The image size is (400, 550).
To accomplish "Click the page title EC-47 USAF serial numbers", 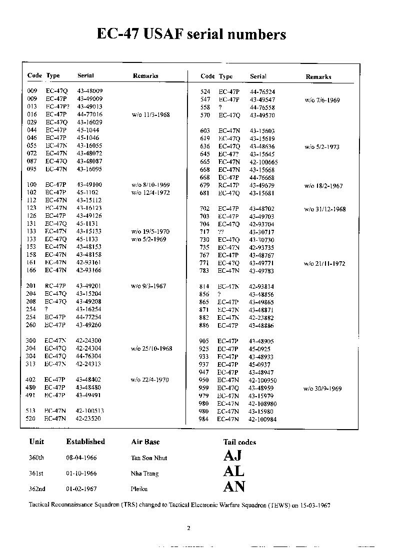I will click(191, 34).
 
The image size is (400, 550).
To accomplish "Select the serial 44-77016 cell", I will click(89, 114).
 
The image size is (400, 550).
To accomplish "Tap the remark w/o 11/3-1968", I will click(151, 114).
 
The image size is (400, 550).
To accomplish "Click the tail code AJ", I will click(232, 456).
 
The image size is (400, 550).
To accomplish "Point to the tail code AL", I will click(233, 471).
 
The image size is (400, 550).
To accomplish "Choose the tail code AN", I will click(234, 487).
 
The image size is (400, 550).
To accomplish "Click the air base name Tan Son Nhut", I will click(149, 458).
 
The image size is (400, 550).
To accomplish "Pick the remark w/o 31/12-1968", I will click(324, 209).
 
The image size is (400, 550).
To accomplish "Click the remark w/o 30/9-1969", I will click(322, 388).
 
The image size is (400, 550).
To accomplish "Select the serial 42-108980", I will click(262, 404).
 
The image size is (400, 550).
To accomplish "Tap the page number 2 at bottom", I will click(188, 528).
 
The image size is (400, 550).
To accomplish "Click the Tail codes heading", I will click(239, 442).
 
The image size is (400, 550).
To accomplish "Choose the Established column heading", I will click(85, 442).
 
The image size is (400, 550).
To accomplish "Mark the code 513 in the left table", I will click(31, 411).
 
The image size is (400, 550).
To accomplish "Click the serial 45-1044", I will click(87, 130).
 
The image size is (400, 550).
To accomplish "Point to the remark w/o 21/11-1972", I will click(324, 263).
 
